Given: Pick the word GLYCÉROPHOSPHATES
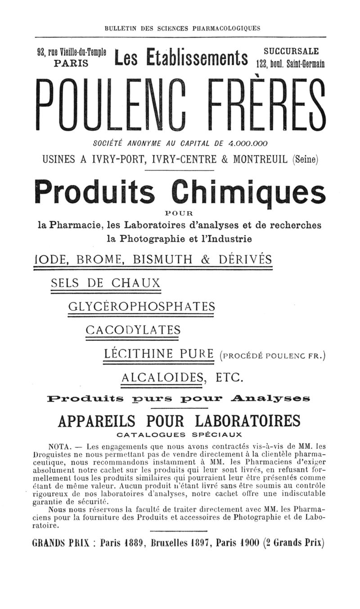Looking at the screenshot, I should click(141, 307).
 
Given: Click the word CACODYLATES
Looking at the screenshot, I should click(133, 330).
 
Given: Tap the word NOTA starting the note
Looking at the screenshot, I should click(57, 447).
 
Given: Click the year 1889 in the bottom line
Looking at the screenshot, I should click(135, 542).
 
